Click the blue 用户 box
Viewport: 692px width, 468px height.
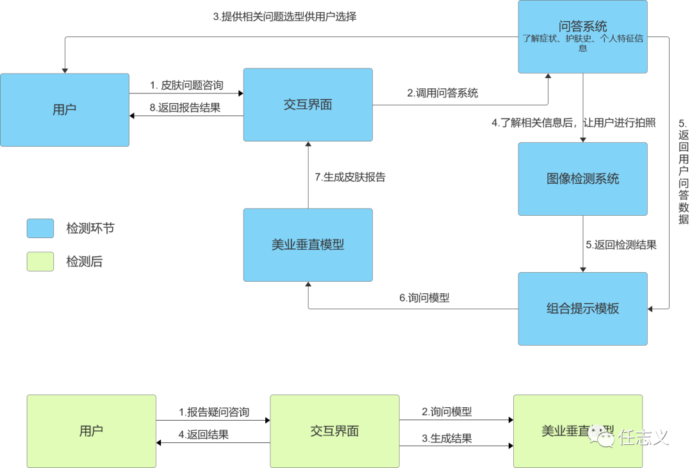[x=64, y=109]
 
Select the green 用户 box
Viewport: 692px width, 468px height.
[x=91, y=431]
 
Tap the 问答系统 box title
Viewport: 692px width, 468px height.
[x=582, y=27]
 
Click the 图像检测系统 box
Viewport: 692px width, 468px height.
[x=582, y=179]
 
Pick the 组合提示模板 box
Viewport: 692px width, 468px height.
[x=582, y=309]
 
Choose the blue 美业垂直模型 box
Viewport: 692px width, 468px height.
[x=308, y=245]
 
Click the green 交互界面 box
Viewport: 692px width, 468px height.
[x=334, y=431]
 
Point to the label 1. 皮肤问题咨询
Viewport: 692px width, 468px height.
[x=186, y=85]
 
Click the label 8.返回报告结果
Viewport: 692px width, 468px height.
[x=185, y=108]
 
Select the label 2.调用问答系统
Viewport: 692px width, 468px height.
[x=443, y=93]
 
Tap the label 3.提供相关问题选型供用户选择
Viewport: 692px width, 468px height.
[x=284, y=17]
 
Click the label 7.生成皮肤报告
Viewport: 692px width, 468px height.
[x=350, y=177]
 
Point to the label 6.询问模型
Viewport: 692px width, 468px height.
[x=424, y=298]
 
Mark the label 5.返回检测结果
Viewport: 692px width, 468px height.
[x=621, y=244]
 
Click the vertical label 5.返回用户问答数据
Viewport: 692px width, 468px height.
[x=683, y=172]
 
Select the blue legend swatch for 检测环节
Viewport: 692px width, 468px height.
[x=40, y=228]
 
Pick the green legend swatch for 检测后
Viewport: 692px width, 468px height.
[x=40, y=261]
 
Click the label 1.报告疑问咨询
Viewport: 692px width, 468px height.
[x=214, y=412]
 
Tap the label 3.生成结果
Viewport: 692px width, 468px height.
[x=447, y=439]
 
